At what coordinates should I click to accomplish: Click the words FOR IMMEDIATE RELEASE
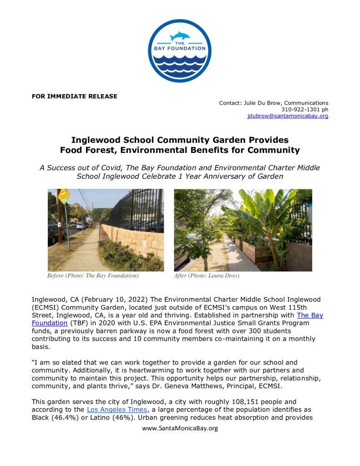coord(74,96)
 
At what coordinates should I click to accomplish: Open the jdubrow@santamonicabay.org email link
coord(288,116)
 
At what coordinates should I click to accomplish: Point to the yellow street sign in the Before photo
coord(64,197)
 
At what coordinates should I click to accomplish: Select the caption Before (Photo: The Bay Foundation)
coord(93,276)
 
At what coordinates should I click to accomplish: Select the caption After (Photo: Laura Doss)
coord(207,276)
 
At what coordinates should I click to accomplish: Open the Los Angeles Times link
coord(117,410)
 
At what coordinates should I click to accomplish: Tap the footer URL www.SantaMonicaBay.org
coord(180,428)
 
